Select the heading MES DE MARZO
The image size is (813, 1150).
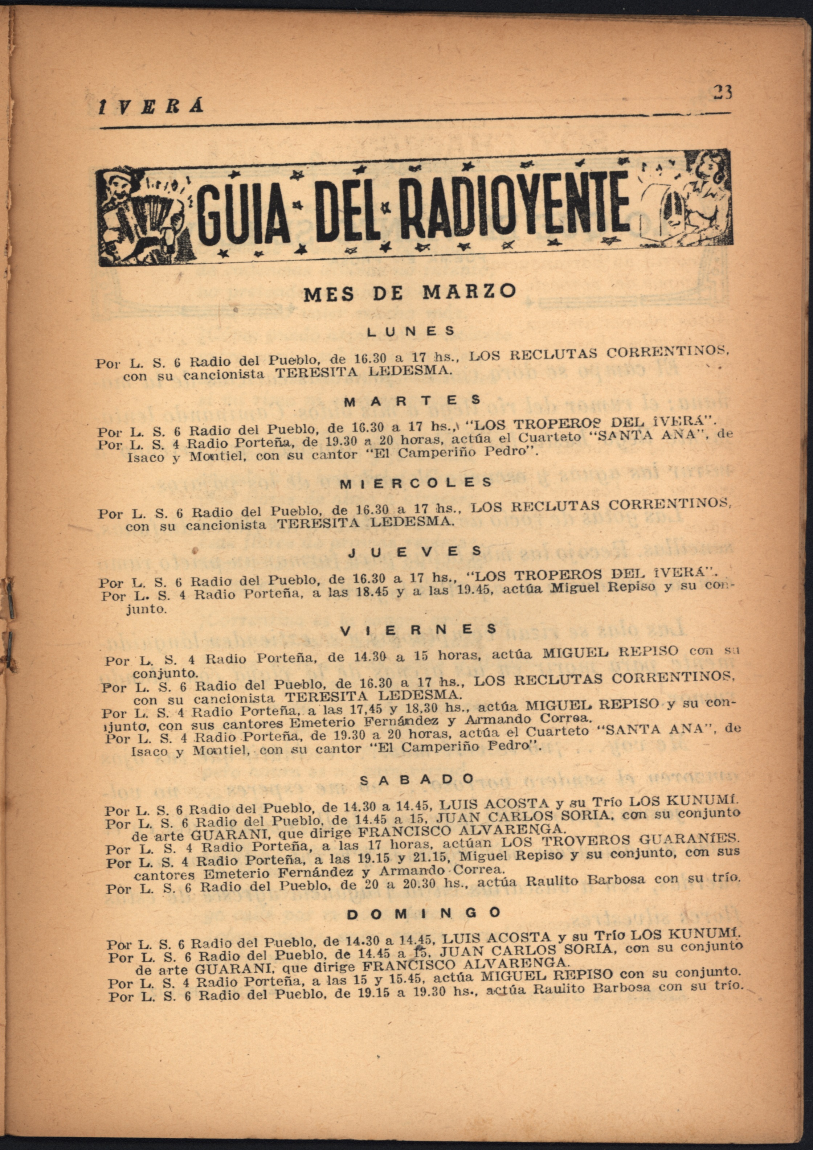tap(409, 292)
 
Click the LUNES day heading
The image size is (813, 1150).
tap(411, 331)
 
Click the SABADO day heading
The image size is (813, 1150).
tap(417, 779)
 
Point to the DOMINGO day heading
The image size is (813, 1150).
tap(424, 913)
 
